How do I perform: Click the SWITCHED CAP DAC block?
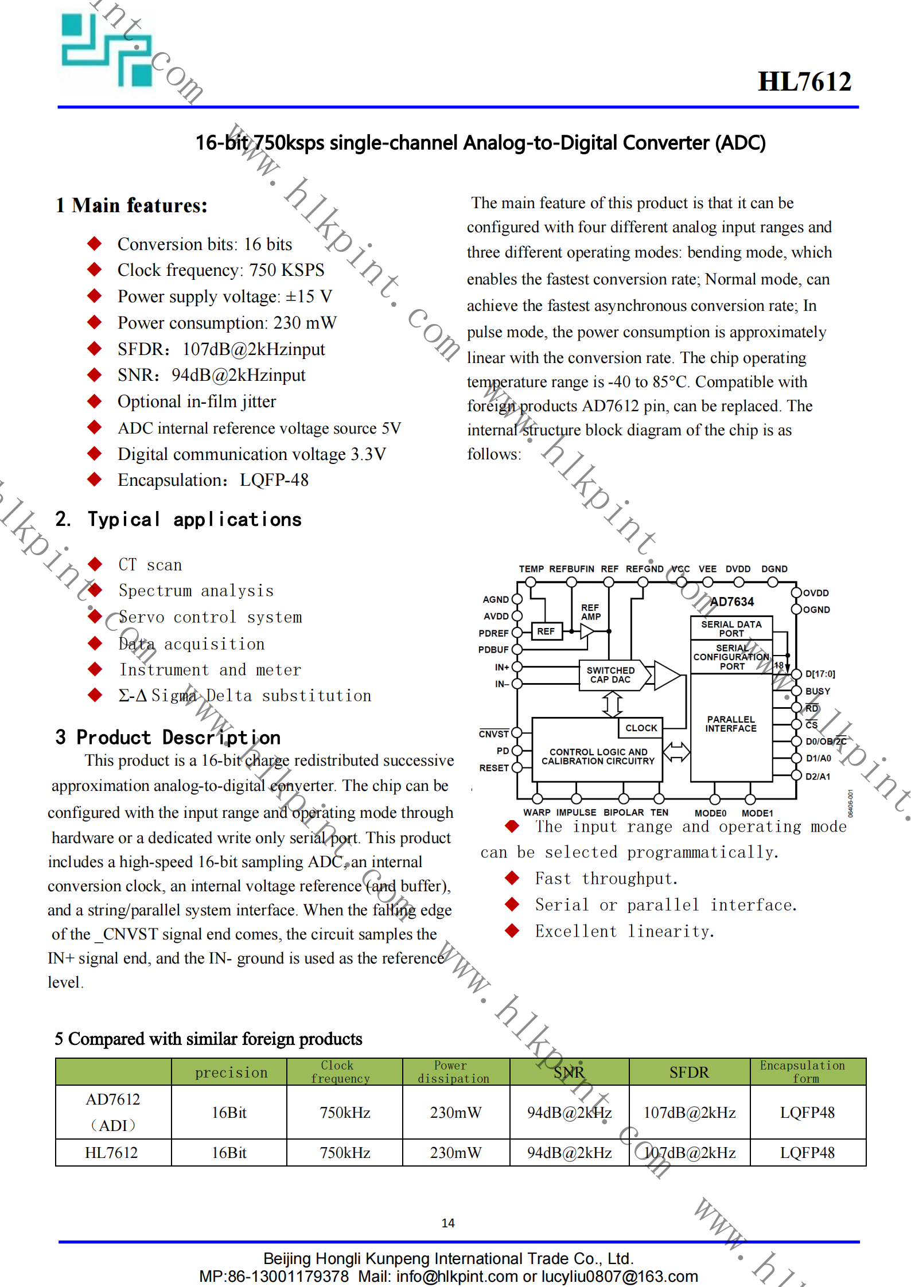[610, 674]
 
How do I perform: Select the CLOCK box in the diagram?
[641, 728]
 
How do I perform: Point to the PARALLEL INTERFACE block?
[731, 724]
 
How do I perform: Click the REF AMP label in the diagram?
[590, 612]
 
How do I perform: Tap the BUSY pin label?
[817, 691]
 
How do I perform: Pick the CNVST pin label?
[494, 734]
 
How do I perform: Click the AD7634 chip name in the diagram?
[732, 602]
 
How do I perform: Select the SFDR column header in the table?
[689, 1072]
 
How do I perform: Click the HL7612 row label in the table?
[111, 1153]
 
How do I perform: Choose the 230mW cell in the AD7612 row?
[455, 1113]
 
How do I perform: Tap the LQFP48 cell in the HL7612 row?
[807, 1153]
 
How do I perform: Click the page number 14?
[448, 1223]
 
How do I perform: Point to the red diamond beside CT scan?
[95, 564]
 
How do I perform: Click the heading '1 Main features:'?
[131, 205]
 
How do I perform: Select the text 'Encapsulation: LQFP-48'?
[213, 480]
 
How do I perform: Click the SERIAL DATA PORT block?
[731, 629]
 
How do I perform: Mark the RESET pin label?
[494, 767]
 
